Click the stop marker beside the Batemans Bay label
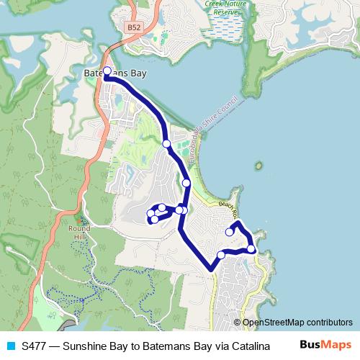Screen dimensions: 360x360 107,71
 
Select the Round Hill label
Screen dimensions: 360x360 80,233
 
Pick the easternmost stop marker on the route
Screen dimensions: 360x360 251,248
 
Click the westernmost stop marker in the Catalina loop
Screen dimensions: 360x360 150,213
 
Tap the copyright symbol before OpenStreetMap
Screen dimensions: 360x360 238,323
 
